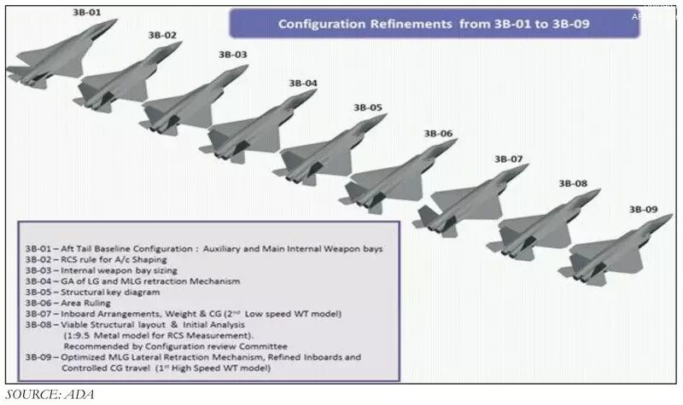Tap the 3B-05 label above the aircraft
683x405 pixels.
368,107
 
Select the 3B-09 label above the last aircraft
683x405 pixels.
643,209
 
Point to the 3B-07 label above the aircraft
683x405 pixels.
509,159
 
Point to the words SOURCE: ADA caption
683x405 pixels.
50,394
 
